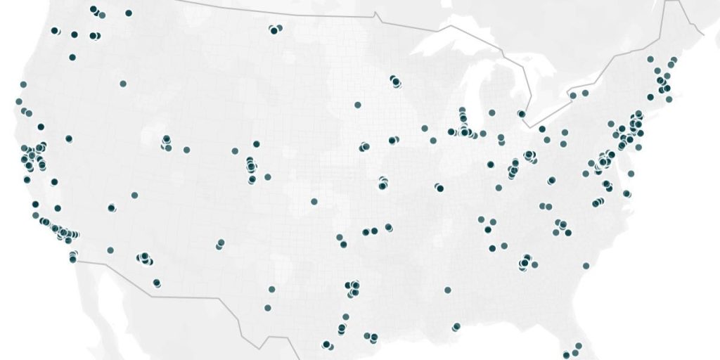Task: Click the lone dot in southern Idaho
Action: coord(123,84)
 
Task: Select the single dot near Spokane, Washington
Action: coord(128,13)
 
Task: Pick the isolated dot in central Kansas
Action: coord(314,202)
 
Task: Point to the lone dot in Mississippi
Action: coord(447,290)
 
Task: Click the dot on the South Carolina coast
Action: coord(585,266)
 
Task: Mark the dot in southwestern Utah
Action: coord(134,195)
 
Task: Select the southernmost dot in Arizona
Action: coord(156,283)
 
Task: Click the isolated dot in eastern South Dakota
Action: coord(357,105)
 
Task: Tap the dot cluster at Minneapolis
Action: coord(394,81)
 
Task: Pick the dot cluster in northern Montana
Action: coord(274,29)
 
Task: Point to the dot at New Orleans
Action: coord(456,326)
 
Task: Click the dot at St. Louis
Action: coord(439,188)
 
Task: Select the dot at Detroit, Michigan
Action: coord(521,113)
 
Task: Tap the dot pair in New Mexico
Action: coord(220,243)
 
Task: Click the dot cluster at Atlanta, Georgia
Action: coord(525,262)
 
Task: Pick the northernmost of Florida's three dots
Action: coord(578,346)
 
